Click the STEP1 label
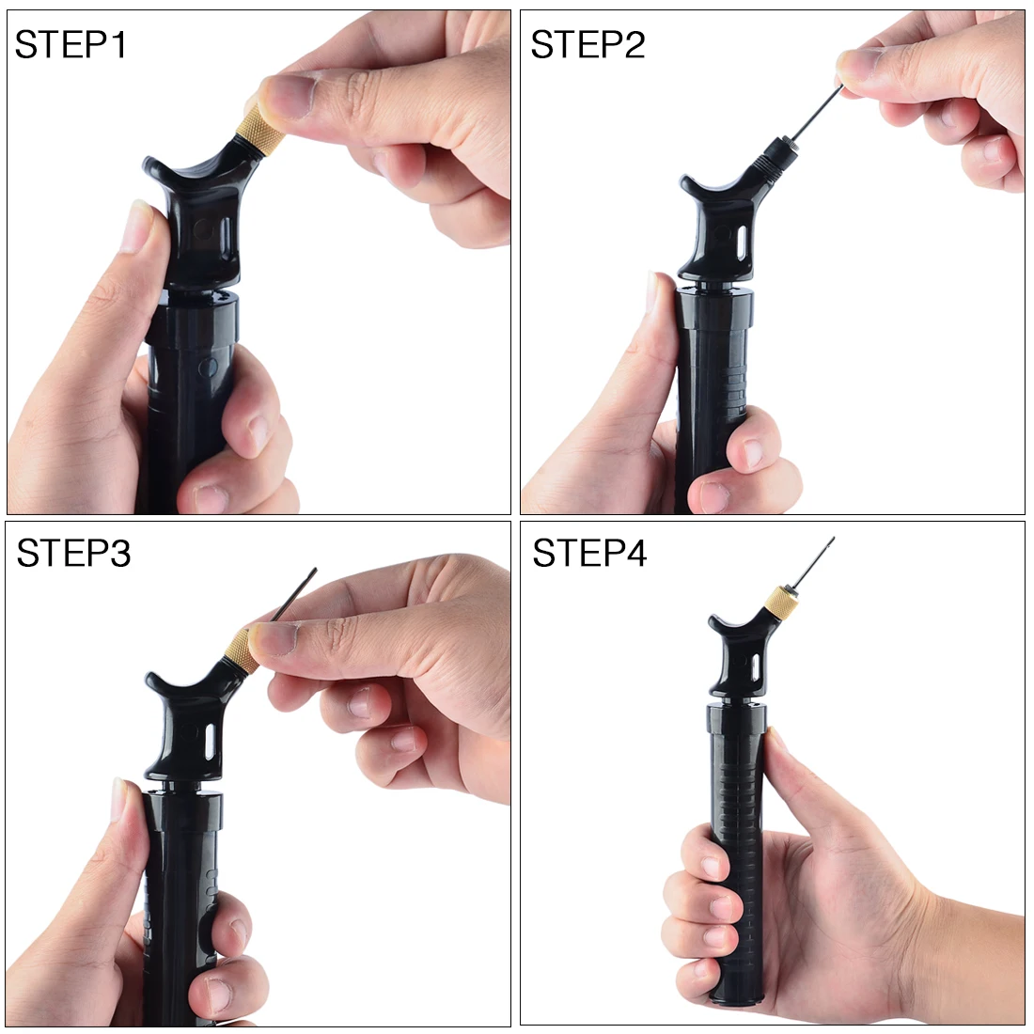coord(70,44)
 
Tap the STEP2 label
coord(587,44)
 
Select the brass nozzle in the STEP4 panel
coord(779,601)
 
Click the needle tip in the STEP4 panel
coord(831,540)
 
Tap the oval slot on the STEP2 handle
coord(741,249)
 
